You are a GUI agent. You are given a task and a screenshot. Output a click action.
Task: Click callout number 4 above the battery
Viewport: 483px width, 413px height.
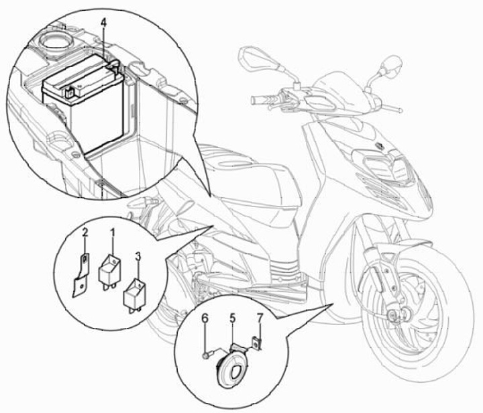pos(103,23)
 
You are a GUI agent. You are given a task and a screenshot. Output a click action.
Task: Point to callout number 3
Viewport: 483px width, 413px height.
pos(138,256)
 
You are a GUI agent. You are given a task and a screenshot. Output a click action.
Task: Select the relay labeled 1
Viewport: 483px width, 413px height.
pos(111,269)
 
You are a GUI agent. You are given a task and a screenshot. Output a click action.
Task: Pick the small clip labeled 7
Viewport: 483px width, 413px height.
pos(256,344)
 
